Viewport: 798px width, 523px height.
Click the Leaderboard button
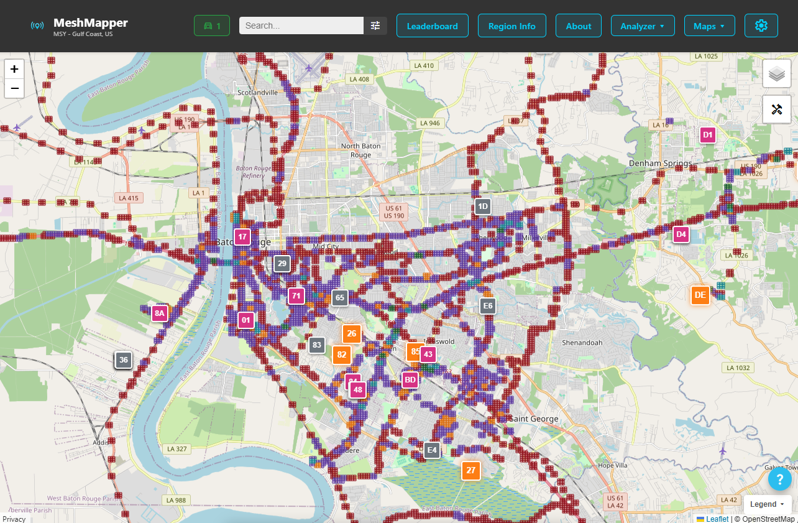click(x=432, y=26)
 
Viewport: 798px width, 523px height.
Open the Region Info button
click(x=511, y=26)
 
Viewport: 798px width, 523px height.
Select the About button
click(x=578, y=26)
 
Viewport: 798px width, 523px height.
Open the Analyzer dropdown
click(x=643, y=26)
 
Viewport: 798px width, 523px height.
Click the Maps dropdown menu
click(x=709, y=26)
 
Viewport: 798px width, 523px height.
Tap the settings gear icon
click(x=761, y=25)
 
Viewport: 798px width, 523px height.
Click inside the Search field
click(x=301, y=25)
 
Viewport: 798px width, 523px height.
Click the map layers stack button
click(x=776, y=74)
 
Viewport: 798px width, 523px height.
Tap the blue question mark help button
click(x=779, y=479)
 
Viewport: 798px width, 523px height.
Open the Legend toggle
click(x=766, y=504)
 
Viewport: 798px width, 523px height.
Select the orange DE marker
click(x=700, y=295)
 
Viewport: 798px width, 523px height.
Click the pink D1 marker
click(x=707, y=134)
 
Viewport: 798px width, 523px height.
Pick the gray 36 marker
click(x=124, y=359)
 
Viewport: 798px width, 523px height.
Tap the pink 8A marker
click(x=160, y=313)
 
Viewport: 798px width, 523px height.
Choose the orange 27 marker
click(x=470, y=470)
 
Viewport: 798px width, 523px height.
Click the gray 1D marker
click(x=482, y=206)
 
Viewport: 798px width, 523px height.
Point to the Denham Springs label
click(x=660, y=164)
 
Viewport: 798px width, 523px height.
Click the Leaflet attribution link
click(x=717, y=519)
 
